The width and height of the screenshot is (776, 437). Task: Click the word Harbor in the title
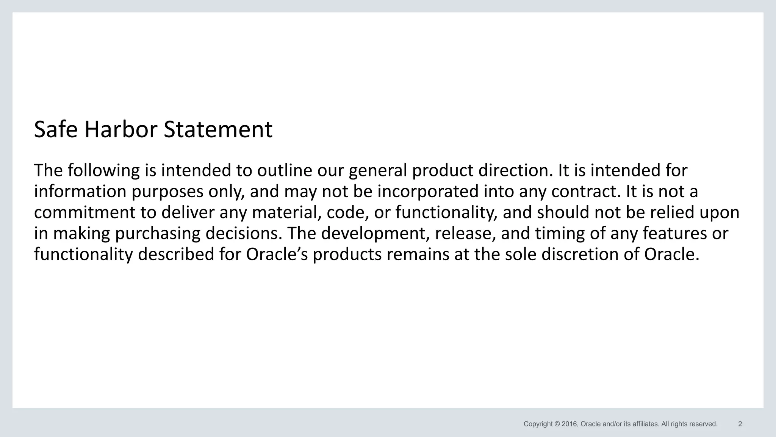click(x=120, y=130)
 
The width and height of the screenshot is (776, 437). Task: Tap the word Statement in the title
click(x=218, y=130)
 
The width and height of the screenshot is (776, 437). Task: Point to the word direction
click(x=515, y=171)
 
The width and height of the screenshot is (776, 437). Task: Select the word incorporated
click(x=428, y=192)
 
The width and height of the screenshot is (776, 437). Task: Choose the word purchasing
click(x=158, y=233)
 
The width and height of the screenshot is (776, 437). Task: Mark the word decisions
click(x=244, y=233)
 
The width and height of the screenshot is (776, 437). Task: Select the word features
click(x=675, y=233)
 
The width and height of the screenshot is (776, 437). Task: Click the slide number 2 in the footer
click(x=740, y=424)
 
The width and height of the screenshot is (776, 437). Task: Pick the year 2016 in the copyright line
click(x=569, y=424)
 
